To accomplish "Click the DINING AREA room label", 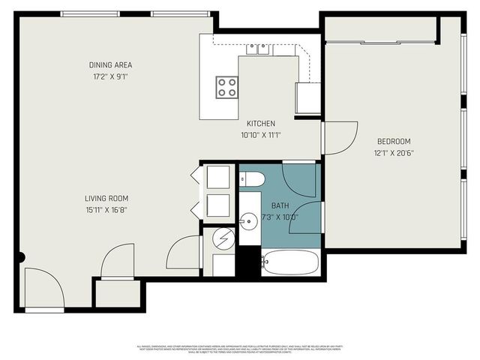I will click(x=110, y=64).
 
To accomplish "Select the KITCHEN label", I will click(x=261, y=124).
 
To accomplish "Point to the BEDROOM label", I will click(x=394, y=141).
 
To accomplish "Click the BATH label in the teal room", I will click(x=280, y=205).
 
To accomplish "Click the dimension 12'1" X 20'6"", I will click(x=394, y=153).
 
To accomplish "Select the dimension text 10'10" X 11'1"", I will click(x=260, y=136).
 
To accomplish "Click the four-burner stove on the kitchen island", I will click(x=226, y=87).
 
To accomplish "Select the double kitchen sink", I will click(x=258, y=49).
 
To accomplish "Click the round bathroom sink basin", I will click(x=248, y=221).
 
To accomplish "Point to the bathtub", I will click(x=290, y=263).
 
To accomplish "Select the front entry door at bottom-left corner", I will click(x=43, y=289).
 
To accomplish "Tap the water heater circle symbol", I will click(x=223, y=239).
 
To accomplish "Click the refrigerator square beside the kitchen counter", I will click(x=308, y=97).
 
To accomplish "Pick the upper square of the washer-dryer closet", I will click(x=217, y=178).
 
